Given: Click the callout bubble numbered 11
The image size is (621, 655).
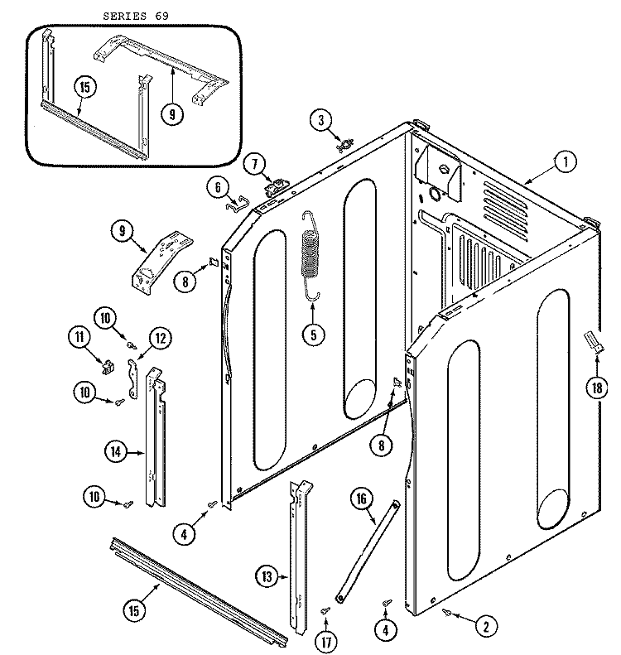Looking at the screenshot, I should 80,337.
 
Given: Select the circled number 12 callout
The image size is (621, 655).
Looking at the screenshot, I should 159,337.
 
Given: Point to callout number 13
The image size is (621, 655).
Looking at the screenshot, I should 266,578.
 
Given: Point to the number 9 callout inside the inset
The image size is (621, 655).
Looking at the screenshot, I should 171,114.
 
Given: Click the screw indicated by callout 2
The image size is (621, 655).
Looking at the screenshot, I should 447,614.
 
